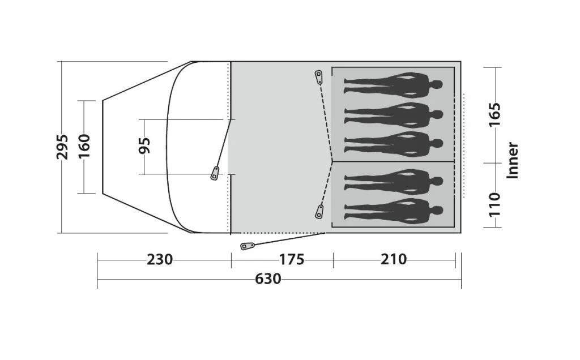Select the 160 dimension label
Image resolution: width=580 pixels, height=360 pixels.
coord(84,147)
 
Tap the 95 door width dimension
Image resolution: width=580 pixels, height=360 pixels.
coord(144,146)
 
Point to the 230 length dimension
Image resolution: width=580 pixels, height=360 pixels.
coord(160,260)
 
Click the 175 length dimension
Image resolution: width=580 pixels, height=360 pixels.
coord(292,260)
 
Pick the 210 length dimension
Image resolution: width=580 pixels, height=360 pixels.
coord(394,260)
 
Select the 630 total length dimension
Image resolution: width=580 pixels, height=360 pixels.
coord(268,279)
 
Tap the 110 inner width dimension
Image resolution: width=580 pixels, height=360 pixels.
coord(494,204)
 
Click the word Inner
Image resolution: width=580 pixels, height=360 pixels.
coord(513,160)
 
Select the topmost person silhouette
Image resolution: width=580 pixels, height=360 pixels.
coord(393,85)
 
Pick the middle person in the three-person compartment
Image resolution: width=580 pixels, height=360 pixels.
coord(393,115)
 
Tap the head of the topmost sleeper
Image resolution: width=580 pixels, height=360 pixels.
coord(436,85)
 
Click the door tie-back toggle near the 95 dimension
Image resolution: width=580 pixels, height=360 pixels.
coord(215,173)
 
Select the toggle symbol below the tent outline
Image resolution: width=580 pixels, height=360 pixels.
coord(247,246)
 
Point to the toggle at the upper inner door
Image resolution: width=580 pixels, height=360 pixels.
coord(318,76)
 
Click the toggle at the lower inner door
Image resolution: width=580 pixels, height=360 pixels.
coord(319,212)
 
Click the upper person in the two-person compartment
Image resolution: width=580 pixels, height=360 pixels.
coord(393,181)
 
